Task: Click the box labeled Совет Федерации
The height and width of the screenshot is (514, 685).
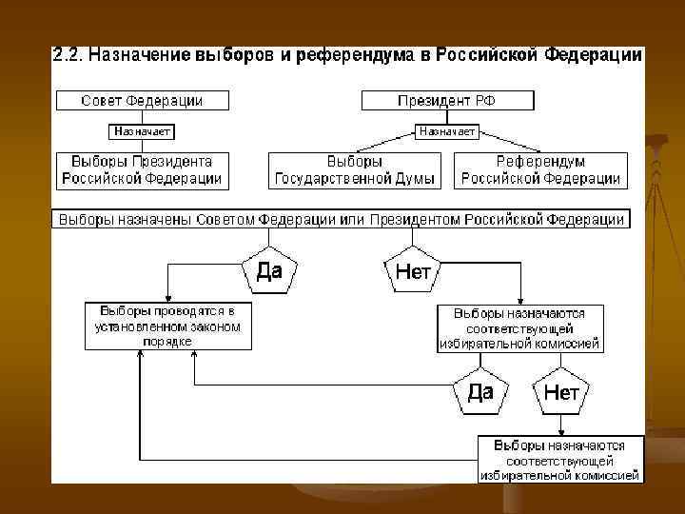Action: click(x=142, y=100)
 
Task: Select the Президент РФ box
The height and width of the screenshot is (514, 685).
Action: click(x=445, y=100)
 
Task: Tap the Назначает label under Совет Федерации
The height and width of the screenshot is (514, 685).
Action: click(x=142, y=131)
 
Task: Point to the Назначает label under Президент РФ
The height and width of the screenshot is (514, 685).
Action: click(x=447, y=131)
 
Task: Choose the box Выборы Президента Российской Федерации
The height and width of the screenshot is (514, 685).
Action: click(x=142, y=169)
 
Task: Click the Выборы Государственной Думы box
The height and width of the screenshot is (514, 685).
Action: click(x=355, y=169)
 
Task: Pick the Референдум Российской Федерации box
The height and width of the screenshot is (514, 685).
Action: click(x=540, y=169)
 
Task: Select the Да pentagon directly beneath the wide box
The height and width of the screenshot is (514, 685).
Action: click(x=269, y=271)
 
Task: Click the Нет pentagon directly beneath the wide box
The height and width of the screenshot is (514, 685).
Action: click(x=413, y=271)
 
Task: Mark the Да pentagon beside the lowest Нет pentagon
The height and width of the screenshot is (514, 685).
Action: click(x=480, y=392)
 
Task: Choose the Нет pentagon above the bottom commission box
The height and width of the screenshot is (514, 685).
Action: click(x=561, y=392)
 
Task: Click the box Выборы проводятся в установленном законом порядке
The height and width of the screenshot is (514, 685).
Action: click(x=167, y=326)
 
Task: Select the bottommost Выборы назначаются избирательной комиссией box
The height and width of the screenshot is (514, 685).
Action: click(x=559, y=459)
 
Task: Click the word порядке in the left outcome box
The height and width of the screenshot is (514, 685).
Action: click(x=167, y=341)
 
